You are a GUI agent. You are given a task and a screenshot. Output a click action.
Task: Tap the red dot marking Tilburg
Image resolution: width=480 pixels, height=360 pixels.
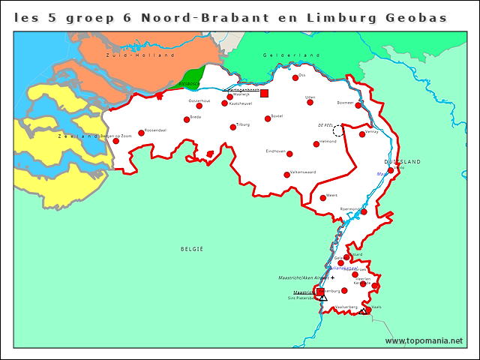tap(233, 127)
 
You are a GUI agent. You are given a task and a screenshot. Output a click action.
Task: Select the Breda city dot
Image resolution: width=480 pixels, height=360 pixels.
tap(187, 119)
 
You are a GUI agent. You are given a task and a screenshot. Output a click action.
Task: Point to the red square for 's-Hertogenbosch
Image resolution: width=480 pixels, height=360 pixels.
tap(264, 93)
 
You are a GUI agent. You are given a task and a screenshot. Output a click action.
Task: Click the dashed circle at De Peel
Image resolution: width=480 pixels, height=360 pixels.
tap(339, 130)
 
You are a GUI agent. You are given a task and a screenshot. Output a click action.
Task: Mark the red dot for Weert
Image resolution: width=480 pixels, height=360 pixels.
tap(323, 198)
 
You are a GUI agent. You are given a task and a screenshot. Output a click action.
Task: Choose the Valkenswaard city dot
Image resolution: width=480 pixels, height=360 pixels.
tap(286, 175)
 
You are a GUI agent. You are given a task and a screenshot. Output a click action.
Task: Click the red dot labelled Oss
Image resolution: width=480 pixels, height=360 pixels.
tap(295, 77)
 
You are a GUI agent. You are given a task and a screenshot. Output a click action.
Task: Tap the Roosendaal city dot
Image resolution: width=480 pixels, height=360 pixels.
tap(140, 133)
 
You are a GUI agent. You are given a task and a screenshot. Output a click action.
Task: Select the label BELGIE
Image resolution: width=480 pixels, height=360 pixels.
tap(192, 248)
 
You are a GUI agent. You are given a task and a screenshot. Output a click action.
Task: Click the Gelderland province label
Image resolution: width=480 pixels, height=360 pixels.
tap(281, 55)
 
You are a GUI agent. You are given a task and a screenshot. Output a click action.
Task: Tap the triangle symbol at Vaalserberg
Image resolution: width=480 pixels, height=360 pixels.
tap(363, 310)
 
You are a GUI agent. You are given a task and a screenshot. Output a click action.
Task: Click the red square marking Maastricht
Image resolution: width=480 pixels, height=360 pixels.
tap(320, 292)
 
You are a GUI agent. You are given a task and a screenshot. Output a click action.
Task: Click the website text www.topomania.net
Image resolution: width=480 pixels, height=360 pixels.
tap(424, 341)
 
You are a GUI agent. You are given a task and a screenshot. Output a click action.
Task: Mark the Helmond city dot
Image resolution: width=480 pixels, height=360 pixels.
tap(316, 144)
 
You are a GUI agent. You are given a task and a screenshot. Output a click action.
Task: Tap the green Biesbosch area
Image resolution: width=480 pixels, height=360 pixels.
tap(176, 84)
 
